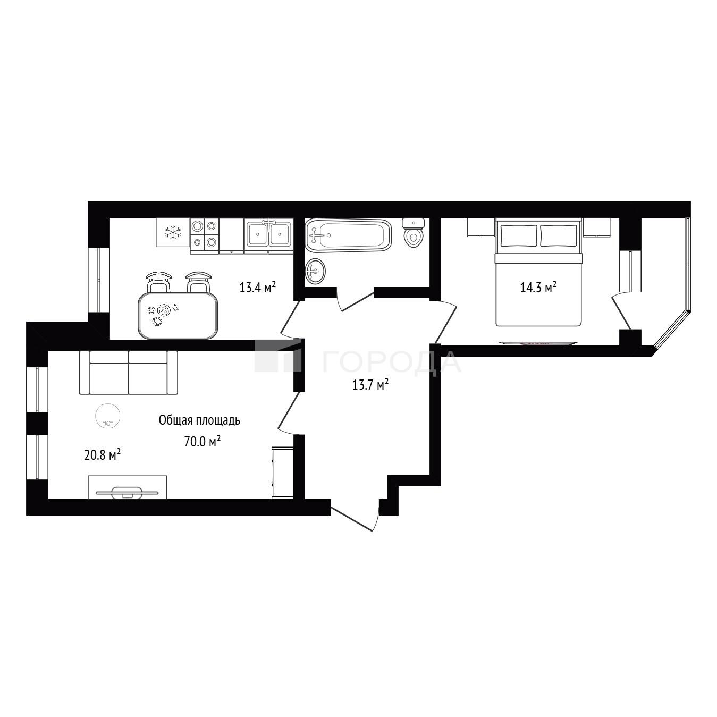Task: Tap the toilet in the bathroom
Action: tap(414, 233)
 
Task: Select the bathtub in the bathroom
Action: tap(348, 234)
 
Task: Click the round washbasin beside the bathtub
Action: tap(316, 272)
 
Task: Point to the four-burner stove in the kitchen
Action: tap(204, 236)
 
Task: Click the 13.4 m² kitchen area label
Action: tap(257, 287)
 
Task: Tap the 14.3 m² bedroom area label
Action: tap(538, 287)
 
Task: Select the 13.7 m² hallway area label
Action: tap(370, 385)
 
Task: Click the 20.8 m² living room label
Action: tap(103, 454)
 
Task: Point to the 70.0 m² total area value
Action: tap(203, 442)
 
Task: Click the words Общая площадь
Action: tap(199, 420)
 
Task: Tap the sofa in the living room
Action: tap(129, 373)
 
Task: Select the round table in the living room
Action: tap(107, 416)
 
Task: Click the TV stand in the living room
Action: tap(127, 487)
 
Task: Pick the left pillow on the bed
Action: tap(519, 236)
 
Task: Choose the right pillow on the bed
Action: tap(558, 236)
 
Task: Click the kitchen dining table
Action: tap(178, 316)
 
